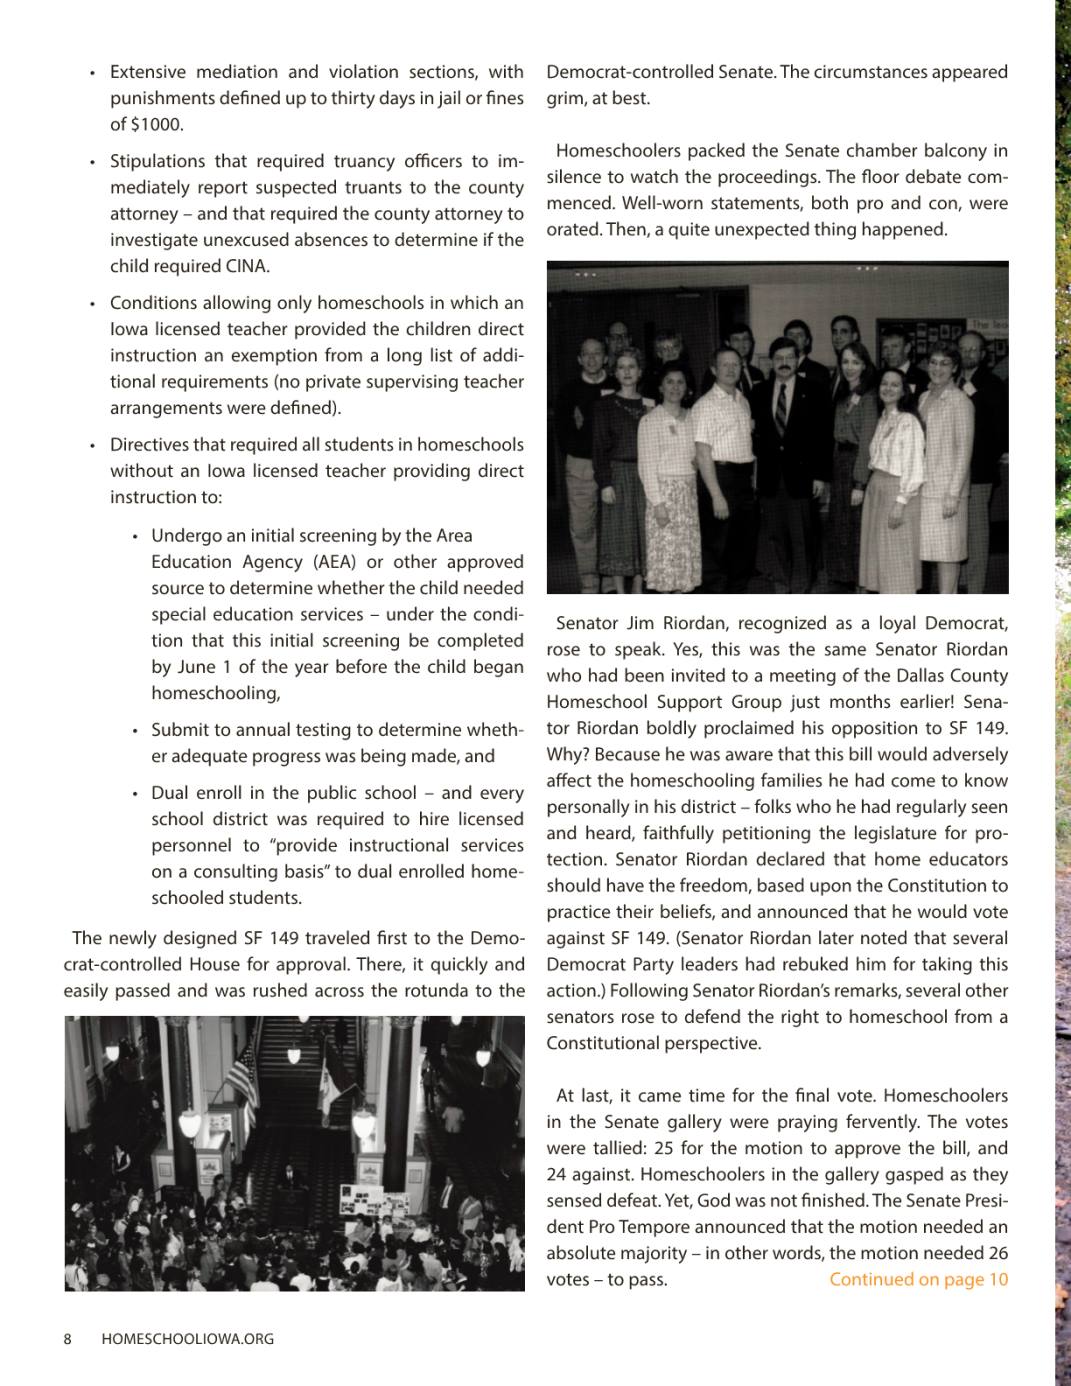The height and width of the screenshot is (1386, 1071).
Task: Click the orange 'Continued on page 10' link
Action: click(x=918, y=1280)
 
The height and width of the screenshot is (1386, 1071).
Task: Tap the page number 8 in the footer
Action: click(x=67, y=1339)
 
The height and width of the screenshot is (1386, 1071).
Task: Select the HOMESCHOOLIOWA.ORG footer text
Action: click(x=188, y=1339)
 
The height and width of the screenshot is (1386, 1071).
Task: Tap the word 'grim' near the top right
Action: click(x=564, y=99)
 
